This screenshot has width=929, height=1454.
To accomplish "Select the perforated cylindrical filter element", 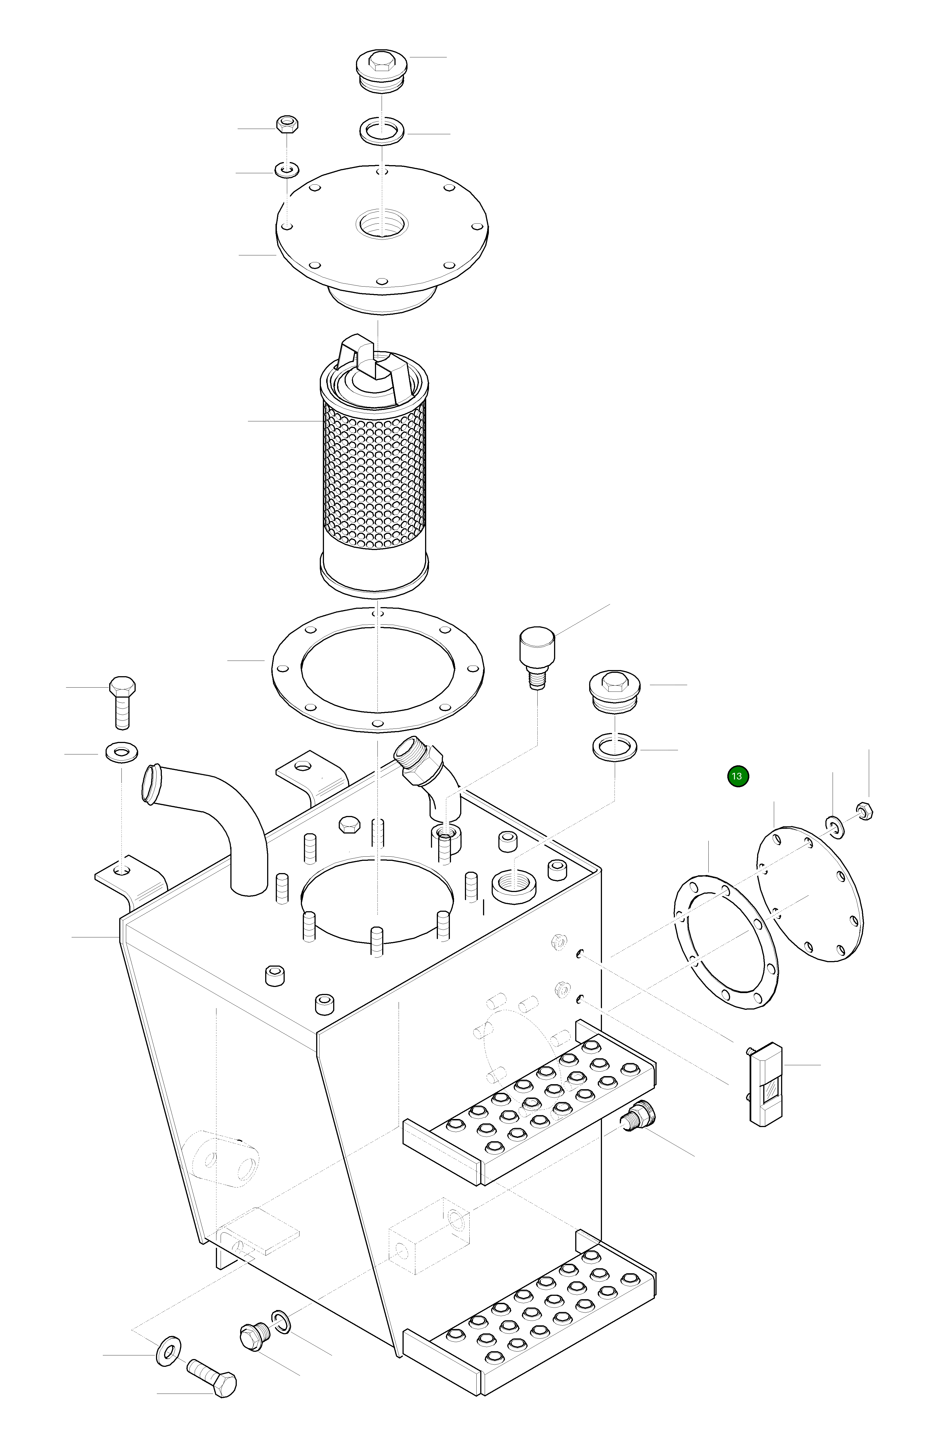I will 374,477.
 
